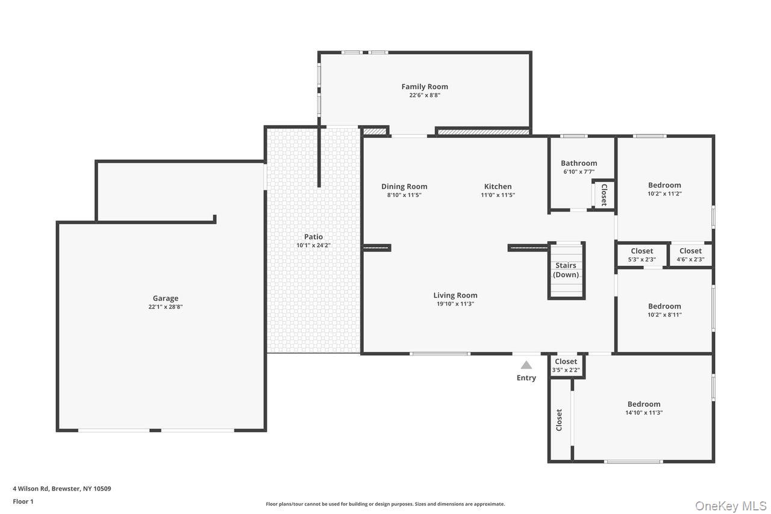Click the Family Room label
pos(425,87)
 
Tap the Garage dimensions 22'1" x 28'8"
pos(165,307)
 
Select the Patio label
pos(313,237)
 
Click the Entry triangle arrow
pos(526,365)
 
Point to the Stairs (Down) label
pos(566,270)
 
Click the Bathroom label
pos(579,163)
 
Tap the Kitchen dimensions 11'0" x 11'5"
pos(498,195)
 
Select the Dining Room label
pos(404,186)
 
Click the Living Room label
pos(455,295)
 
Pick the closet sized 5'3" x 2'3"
pos(641,255)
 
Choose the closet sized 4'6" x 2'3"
pos(690,255)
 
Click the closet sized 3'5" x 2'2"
pos(566,366)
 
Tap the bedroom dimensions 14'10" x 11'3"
pos(644,413)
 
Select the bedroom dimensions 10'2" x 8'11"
pos(664,315)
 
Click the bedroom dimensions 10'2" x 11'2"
pos(664,193)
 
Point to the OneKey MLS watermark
pos(731,506)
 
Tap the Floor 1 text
pos(23,501)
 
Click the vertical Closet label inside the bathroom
pos(604,195)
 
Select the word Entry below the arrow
pos(526,378)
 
